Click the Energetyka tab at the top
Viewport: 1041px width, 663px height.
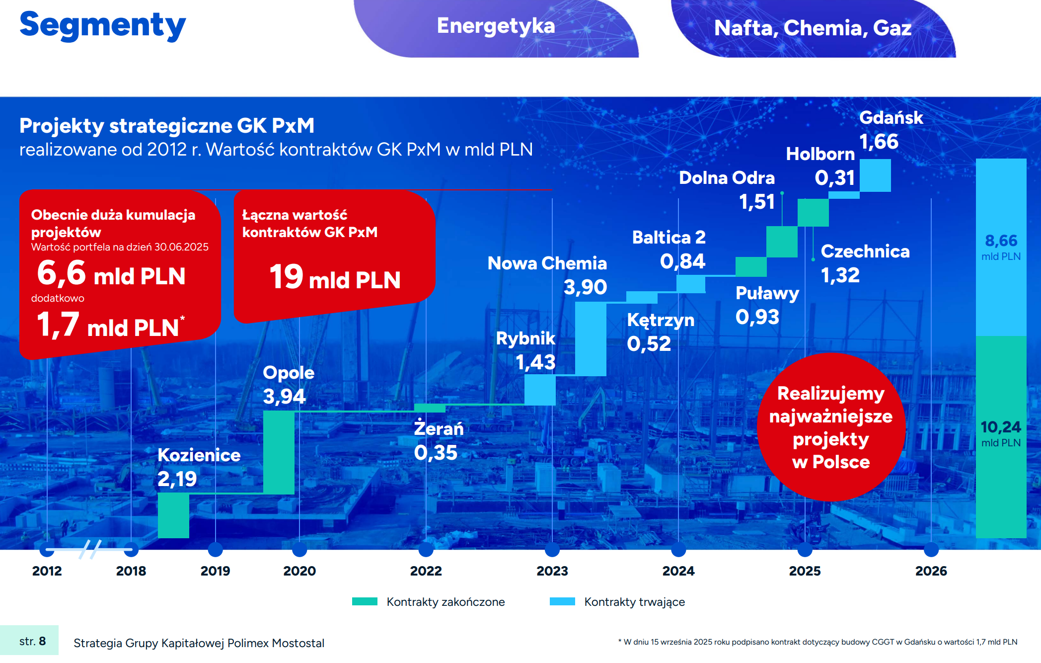(496, 26)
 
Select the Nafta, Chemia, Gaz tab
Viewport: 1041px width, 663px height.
(813, 28)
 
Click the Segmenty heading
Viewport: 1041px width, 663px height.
(103, 26)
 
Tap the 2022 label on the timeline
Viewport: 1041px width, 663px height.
(426, 571)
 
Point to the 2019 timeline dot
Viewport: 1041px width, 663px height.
(215, 549)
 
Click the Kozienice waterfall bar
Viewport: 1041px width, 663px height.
(173, 515)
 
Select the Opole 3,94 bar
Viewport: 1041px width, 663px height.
(279, 452)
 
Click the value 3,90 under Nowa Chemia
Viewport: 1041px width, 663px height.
(585, 287)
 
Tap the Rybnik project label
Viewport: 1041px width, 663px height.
(525, 338)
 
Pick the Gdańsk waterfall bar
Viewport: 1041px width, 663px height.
(875, 175)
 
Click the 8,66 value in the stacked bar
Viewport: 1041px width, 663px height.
(1001, 241)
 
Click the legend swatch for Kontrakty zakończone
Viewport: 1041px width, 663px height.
(365, 601)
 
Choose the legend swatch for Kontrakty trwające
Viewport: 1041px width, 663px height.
(562, 601)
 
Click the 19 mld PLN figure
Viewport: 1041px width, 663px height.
(335, 277)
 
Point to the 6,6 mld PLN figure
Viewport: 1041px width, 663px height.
(111, 274)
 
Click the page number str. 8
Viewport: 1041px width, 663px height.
(32, 641)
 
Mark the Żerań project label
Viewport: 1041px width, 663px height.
(439, 429)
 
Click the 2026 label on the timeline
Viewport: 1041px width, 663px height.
(931, 571)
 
